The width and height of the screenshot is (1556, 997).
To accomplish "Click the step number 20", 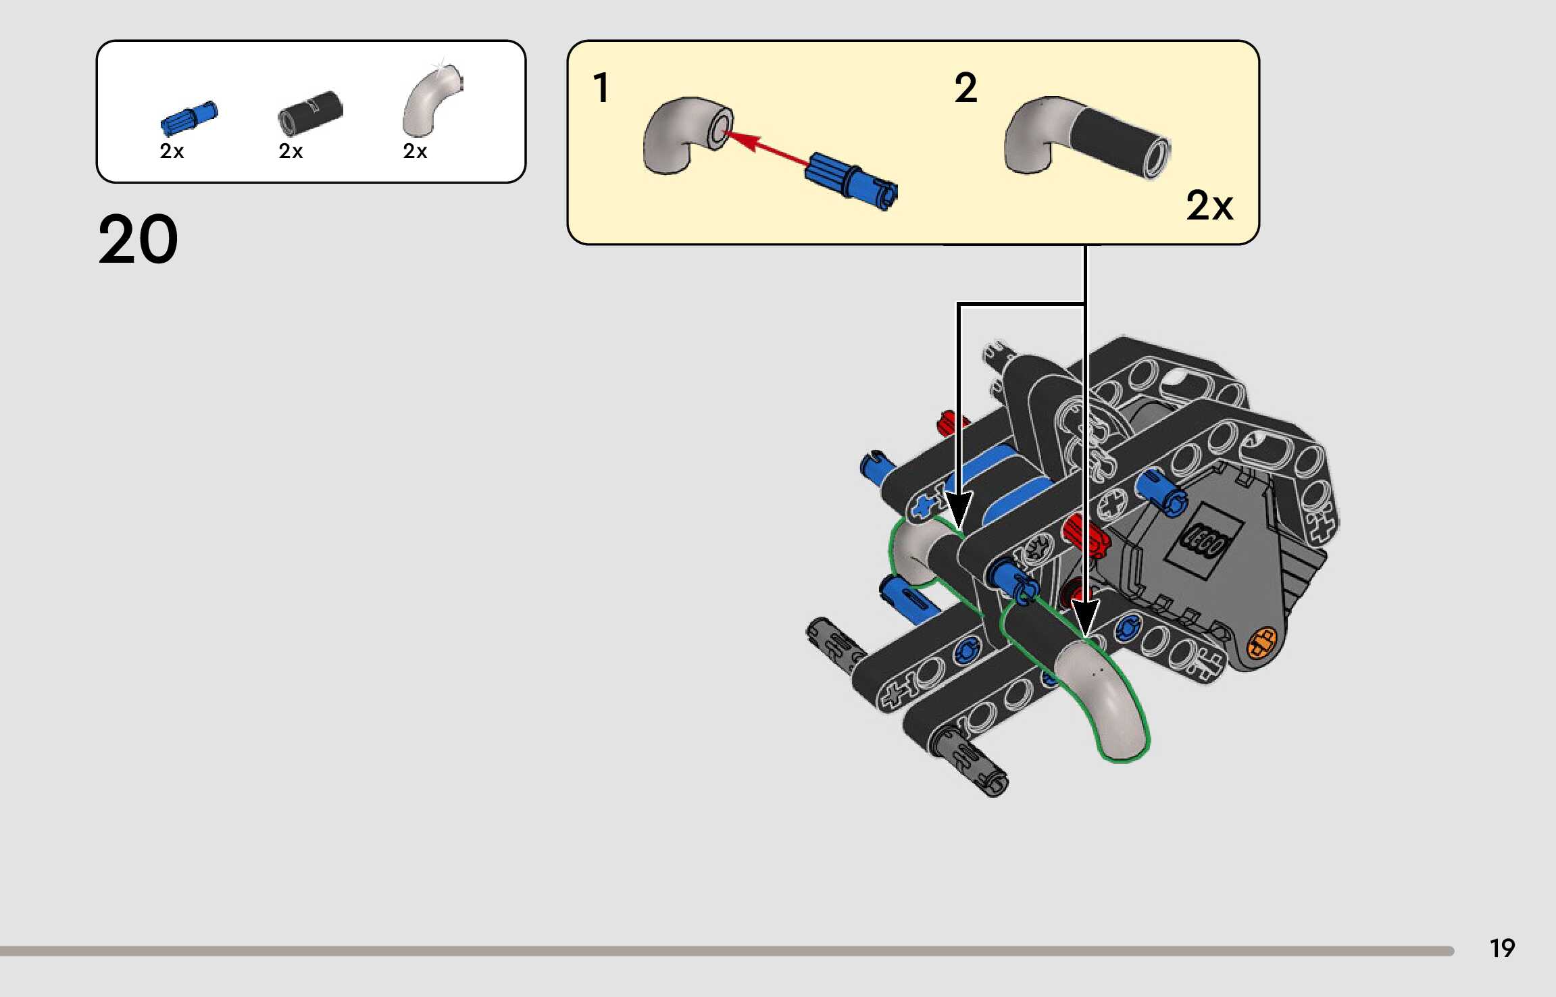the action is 138,239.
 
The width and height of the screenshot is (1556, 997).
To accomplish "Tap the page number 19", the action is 1502,948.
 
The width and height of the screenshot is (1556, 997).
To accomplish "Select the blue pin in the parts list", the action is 189,119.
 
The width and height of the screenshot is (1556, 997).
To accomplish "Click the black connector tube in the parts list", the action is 310,113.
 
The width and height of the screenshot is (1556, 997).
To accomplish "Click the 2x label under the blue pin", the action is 172,151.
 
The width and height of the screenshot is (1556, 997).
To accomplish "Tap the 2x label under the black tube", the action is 291,151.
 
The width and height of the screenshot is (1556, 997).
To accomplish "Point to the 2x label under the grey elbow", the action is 415,151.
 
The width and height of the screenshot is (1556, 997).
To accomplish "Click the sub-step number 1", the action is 601,88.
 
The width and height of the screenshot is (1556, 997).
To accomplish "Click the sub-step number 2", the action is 965,88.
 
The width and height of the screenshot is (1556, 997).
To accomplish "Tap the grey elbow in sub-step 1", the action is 686,135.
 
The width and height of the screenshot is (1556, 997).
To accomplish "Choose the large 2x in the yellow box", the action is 1209,205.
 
